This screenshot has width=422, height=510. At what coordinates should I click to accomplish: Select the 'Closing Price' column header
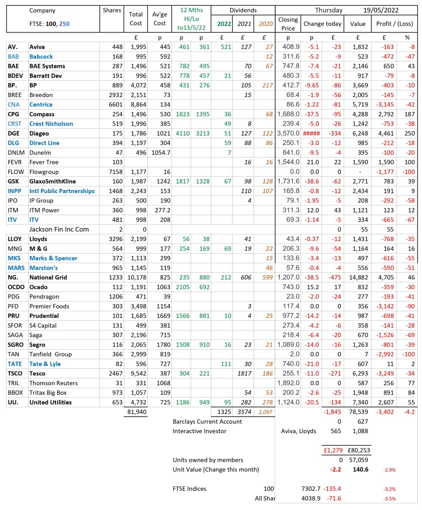point(288,23)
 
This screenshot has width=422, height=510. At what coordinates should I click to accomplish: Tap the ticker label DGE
point(14,133)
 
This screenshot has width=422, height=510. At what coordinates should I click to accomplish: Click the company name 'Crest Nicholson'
point(51,124)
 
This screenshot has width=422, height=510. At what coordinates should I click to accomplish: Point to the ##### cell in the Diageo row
point(311,133)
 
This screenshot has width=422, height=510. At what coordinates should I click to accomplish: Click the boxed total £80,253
point(359,450)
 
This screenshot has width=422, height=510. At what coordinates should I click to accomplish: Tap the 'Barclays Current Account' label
point(207,421)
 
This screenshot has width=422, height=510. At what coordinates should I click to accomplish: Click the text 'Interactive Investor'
point(199,431)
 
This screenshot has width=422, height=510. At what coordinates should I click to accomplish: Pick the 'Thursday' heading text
point(329,10)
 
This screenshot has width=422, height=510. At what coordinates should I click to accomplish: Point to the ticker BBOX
point(15,392)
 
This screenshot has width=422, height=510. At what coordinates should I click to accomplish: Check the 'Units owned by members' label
point(208,460)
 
